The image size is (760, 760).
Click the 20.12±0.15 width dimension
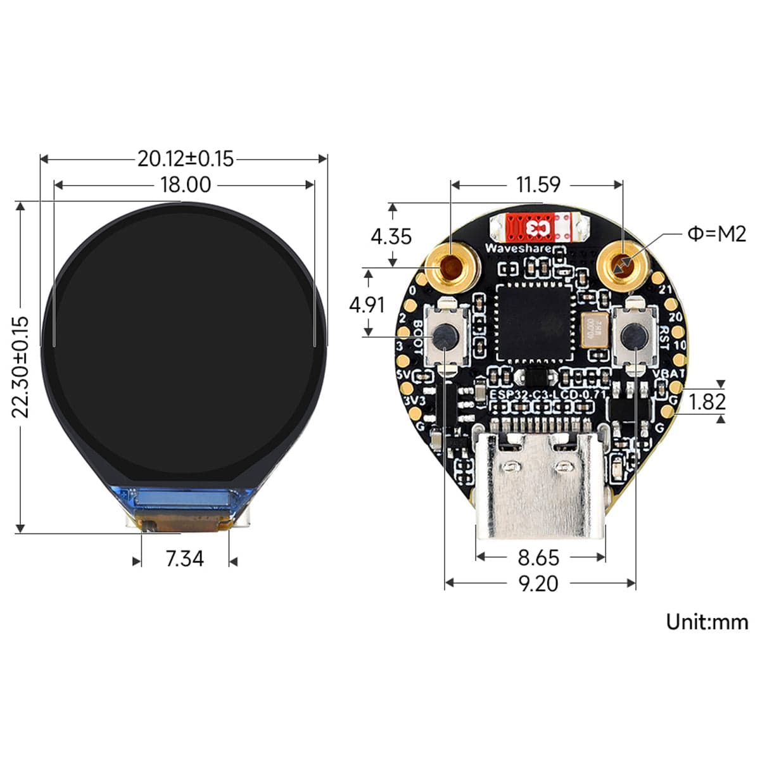point(185,158)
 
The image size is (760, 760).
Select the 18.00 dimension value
point(185,185)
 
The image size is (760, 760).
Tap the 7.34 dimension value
point(184,559)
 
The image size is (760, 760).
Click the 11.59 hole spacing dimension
point(538,184)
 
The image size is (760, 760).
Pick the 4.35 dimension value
point(391,236)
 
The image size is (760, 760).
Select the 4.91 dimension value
point(367,305)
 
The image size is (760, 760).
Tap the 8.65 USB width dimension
point(538,557)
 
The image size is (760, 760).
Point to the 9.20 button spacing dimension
point(538,583)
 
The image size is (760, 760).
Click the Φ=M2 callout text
point(716,234)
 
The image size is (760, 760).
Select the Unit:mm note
point(706,621)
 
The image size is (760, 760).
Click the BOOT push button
point(445,335)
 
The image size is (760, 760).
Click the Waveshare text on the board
point(517,248)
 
